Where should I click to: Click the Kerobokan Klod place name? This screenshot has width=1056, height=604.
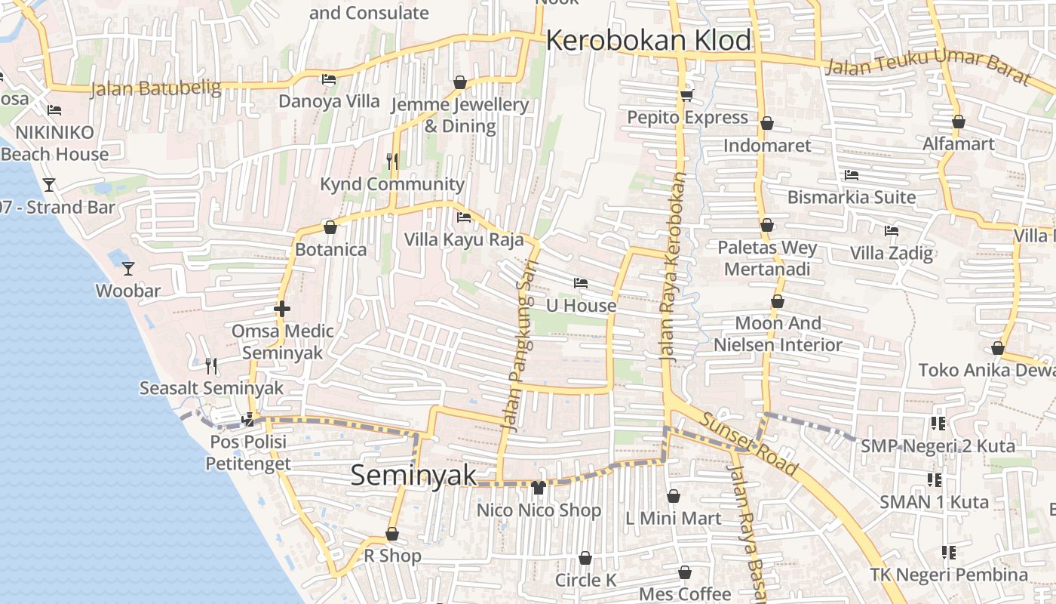649,40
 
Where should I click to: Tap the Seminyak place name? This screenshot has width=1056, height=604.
414,475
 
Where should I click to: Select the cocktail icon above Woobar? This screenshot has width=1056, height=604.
128,268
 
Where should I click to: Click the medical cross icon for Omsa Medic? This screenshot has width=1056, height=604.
282,309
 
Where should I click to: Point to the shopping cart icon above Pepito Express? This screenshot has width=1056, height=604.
686,95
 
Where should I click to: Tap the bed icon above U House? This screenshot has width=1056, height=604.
580,284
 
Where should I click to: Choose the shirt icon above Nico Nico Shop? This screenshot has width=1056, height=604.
539,488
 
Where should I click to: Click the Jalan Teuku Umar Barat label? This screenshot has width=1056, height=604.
927,66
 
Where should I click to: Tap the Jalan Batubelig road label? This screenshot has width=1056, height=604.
155,88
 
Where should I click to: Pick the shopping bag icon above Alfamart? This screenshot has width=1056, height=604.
958,122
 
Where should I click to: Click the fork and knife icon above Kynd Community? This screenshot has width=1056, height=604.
391,161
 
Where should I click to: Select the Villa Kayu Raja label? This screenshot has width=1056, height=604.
464,240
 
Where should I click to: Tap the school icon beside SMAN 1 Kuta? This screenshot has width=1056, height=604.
935,479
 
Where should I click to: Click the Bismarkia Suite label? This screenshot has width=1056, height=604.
852,197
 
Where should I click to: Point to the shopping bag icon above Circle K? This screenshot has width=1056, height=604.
585,559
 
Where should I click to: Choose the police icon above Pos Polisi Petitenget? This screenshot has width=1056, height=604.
247,420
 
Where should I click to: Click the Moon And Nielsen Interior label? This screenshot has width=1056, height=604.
778,334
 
